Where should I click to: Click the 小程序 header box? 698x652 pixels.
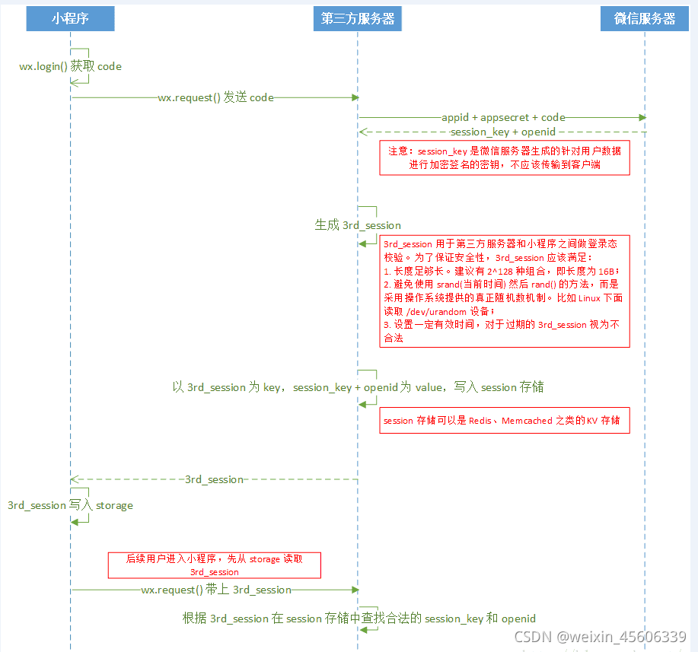tap(70, 19)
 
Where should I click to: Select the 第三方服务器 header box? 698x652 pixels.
tap(358, 19)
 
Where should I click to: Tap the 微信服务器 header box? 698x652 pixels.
tap(645, 19)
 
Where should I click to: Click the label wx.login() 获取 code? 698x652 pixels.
tap(70, 66)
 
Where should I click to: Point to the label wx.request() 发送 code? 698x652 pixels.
tap(215, 97)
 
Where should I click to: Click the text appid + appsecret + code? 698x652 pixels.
tap(503, 118)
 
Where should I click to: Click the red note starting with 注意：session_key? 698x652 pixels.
tap(505, 157)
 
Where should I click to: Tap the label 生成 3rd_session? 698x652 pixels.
tap(358, 225)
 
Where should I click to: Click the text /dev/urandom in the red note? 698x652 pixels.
tap(415, 311)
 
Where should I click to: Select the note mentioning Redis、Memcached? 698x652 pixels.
tap(505, 420)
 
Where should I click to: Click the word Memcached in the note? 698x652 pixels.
tap(527, 421)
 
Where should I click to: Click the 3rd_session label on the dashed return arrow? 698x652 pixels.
tap(214, 479)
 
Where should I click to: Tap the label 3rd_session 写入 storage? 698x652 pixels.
tap(70, 505)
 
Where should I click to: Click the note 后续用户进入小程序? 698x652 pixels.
tap(214, 565)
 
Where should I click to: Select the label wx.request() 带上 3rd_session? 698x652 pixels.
tap(216, 590)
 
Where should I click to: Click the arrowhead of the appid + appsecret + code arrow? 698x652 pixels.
tap(642, 118)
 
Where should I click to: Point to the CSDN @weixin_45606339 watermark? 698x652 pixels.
tap(600, 637)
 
